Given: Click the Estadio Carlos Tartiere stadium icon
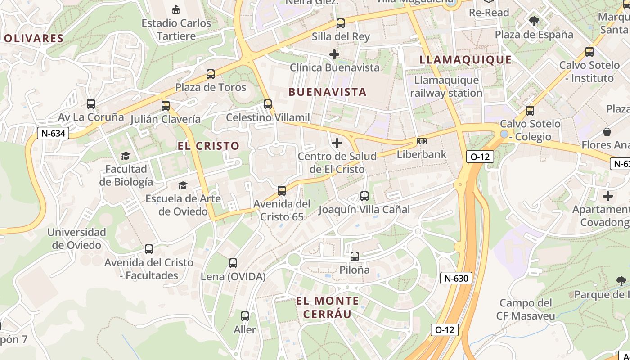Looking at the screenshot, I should [x=176, y=9].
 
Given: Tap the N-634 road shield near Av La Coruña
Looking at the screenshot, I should [x=53, y=133].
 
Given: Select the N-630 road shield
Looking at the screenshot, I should [x=456, y=278].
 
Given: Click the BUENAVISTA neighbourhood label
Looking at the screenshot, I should [x=328, y=92].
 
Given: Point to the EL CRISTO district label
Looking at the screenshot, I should [x=208, y=146].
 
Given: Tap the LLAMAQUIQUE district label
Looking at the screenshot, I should [x=465, y=60].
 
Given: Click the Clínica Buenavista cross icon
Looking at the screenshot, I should [x=334, y=54].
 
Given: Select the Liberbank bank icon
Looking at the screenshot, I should [x=422, y=141].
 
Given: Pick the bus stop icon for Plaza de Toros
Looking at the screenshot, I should [x=210, y=74].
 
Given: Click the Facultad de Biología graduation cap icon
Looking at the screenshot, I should [x=126, y=156].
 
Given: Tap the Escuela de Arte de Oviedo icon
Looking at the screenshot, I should [x=183, y=185].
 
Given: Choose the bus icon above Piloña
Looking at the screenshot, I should [x=355, y=256].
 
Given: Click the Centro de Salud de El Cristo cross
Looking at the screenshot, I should [x=337, y=144].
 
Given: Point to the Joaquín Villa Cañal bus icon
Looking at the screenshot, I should [x=364, y=196].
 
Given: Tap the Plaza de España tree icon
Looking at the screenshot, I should [x=534, y=21].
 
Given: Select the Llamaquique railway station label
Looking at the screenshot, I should [x=446, y=87].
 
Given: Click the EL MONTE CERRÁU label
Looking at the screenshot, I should [x=327, y=307].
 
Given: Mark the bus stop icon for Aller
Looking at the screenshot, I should [x=245, y=316].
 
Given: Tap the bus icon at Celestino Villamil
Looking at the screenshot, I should [x=268, y=104].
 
